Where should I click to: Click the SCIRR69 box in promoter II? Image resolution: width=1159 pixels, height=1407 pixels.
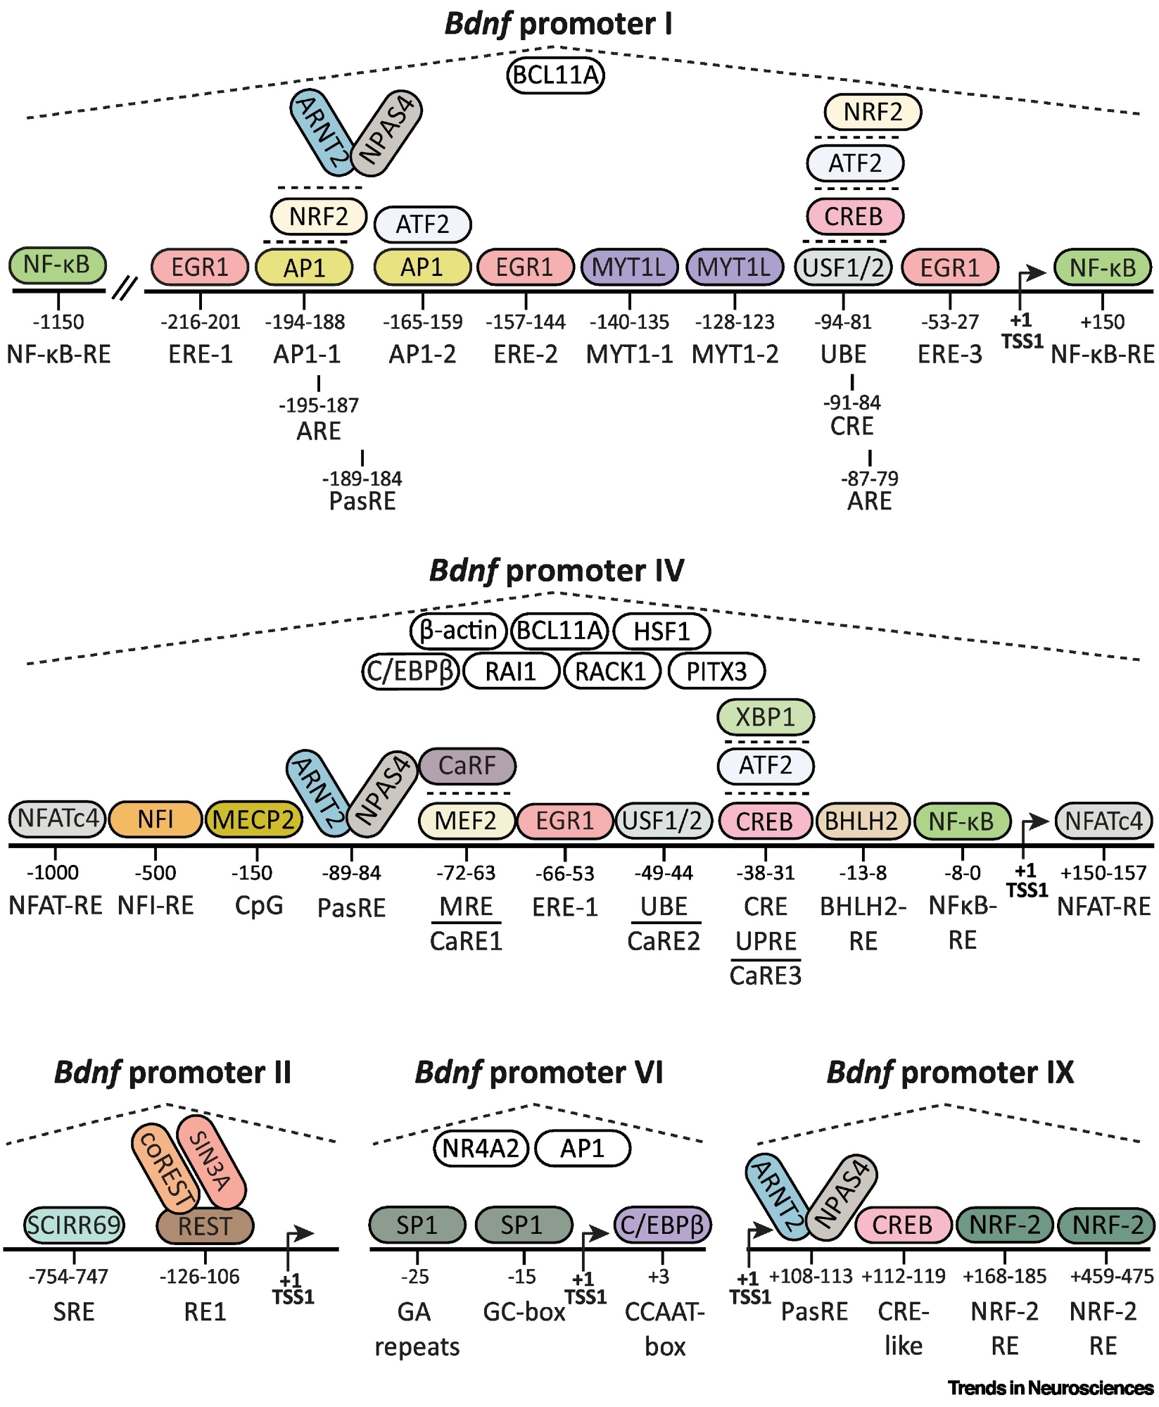(x=74, y=1225)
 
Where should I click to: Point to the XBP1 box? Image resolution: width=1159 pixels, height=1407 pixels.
(x=766, y=718)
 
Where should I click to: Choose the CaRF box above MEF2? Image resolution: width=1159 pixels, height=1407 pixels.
(x=467, y=766)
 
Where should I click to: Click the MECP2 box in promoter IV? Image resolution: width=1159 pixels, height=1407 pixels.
(x=253, y=820)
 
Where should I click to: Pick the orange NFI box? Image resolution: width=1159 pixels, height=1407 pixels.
(x=156, y=820)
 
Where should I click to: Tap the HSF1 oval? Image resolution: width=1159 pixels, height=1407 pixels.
(x=661, y=631)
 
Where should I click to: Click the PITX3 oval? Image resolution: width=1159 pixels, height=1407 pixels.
(x=716, y=671)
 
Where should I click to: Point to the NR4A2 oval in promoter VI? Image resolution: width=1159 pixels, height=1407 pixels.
(x=481, y=1149)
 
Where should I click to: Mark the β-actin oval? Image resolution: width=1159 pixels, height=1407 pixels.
(x=458, y=631)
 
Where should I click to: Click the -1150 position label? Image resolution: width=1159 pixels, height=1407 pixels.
(x=58, y=322)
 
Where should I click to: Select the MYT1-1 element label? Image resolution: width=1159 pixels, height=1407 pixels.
(x=630, y=354)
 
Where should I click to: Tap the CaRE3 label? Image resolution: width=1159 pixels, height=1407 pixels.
(x=766, y=976)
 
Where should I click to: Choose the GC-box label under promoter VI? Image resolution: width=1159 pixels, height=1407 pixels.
(x=524, y=1312)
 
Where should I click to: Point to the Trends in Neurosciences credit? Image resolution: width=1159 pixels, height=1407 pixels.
(x=1050, y=1388)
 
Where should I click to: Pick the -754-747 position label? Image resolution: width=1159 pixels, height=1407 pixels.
(x=68, y=1277)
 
